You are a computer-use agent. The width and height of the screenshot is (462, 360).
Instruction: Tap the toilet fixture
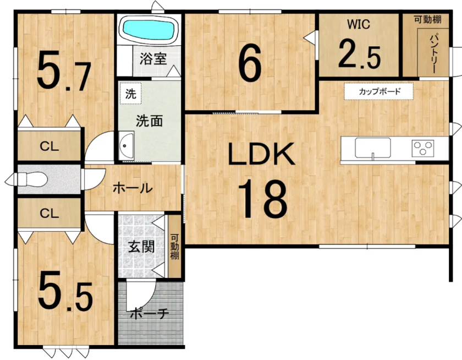[32, 179]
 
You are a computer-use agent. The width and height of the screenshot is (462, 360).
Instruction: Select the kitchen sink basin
[373, 148]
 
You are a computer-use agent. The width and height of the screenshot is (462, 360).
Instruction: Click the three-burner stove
[423, 148]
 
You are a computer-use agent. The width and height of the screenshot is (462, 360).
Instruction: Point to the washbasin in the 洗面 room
[127, 146]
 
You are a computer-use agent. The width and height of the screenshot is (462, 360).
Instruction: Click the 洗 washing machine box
[130, 94]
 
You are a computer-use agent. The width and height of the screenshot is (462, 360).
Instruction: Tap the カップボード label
[380, 91]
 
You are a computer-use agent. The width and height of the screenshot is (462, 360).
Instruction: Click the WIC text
[358, 24]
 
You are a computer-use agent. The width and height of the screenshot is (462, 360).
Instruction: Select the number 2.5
[359, 54]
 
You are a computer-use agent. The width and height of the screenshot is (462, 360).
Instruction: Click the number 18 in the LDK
[262, 198]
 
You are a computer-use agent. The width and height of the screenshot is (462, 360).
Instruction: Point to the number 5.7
[64, 71]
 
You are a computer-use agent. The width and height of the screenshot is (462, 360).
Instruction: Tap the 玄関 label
[141, 247]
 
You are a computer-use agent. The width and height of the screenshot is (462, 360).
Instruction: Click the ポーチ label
[149, 314]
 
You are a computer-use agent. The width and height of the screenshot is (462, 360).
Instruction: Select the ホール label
[133, 188]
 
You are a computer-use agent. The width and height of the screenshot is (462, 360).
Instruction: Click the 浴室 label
[153, 59]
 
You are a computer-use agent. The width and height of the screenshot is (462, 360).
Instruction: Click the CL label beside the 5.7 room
[49, 146]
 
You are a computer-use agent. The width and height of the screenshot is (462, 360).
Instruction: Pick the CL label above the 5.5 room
[49, 213]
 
